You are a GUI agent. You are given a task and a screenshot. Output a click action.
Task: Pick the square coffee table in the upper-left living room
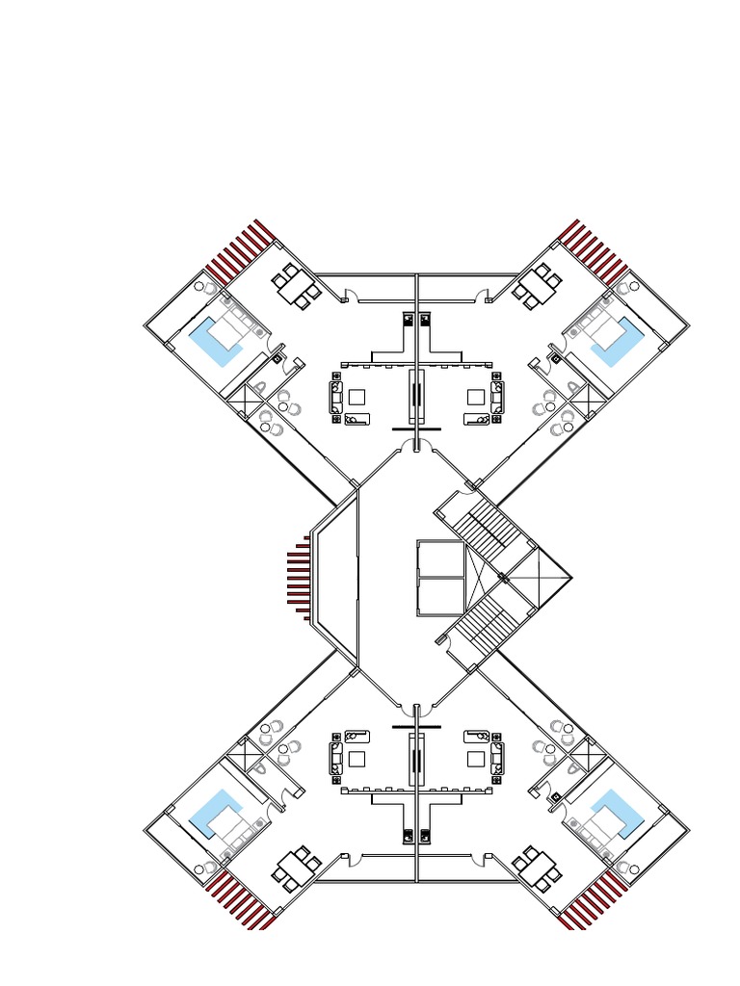tap(357, 397)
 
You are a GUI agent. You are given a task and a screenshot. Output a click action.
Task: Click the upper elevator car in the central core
tap(440, 558)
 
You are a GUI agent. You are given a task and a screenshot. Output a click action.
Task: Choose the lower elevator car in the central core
tap(440, 597)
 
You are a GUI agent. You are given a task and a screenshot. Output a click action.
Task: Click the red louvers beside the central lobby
tap(300, 578)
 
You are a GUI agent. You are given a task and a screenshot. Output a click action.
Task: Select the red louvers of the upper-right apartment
tap(593, 250)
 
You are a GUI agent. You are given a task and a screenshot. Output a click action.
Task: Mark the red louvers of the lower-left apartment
tap(241, 901)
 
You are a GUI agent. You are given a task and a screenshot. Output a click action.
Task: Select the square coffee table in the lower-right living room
tap(475, 759)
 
